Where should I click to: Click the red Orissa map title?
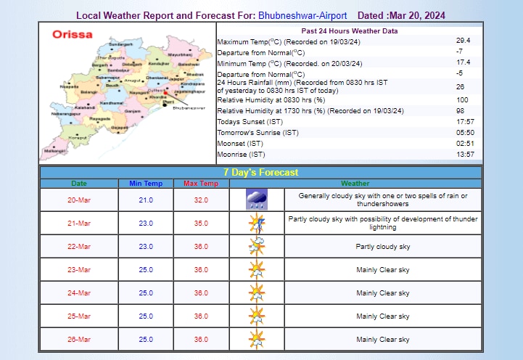pos(72,34)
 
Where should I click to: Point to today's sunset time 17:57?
pos(464,121)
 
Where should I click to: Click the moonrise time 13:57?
pos(464,155)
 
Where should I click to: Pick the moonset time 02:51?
pos(464,144)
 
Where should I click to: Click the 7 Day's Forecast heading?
pos(260,173)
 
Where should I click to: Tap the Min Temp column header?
pos(145,184)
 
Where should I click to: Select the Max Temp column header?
pos(201,184)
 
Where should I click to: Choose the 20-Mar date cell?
pos(79,200)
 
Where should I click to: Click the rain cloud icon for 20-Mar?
pos(256,200)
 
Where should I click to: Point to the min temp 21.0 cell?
pos(145,200)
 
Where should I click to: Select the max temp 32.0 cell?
pos(201,200)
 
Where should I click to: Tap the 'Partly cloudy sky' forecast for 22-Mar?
pos(383,247)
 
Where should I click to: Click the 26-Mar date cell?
pos(79,340)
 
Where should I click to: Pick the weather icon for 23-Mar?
pos(256,270)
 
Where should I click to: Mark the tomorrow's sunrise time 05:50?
pos(464,133)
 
